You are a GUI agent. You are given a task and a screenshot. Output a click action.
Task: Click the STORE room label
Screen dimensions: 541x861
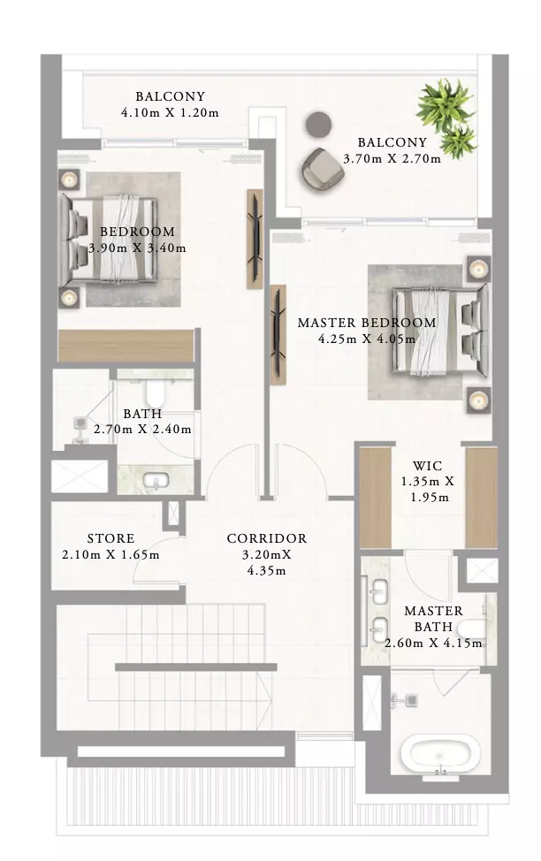pyautogui.click(x=110, y=538)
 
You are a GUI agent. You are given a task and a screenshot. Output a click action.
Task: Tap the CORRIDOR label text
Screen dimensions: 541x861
pyautogui.click(x=267, y=538)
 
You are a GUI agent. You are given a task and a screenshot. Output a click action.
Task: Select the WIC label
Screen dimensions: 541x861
pyautogui.click(x=427, y=466)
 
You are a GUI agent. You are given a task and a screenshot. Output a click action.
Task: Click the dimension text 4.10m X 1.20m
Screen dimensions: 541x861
pyautogui.click(x=170, y=112)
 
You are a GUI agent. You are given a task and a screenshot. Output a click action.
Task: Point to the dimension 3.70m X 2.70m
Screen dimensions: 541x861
pyautogui.click(x=392, y=159)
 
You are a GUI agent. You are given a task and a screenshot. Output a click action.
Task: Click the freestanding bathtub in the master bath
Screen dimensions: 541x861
pyautogui.click(x=440, y=753)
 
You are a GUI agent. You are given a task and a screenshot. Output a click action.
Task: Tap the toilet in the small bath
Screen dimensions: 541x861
pyautogui.click(x=156, y=392)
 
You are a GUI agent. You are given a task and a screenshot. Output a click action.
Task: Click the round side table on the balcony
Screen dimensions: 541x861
pyautogui.click(x=318, y=125)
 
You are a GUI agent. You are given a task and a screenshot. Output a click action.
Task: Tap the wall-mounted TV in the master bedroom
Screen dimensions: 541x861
pyautogui.click(x=278, y=334)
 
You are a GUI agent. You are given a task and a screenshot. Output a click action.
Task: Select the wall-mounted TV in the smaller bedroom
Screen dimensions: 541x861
pyautogui.click(x=255, y=239)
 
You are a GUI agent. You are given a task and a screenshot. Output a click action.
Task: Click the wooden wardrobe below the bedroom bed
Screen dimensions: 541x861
pyautogui.click(x=126, y=346)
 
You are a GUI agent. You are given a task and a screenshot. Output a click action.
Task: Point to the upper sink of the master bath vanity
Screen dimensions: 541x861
pyautogui.click(x=377, y=591)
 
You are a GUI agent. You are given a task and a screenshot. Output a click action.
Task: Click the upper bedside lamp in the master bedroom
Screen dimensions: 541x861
pyautogui.click(x=478, y=269)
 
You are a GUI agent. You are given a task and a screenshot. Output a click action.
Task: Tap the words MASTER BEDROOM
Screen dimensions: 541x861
pyautogui.click(x=367, y=323)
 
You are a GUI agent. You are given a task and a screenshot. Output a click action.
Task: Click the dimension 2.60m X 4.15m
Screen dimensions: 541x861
pyautogui.click(x=433, y=643)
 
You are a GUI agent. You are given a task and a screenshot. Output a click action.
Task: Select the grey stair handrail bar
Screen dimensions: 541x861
pyautogui.click(x=195, y=667)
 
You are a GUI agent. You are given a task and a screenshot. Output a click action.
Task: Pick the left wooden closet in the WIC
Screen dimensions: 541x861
pyautogui.click(x=375, y=497)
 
